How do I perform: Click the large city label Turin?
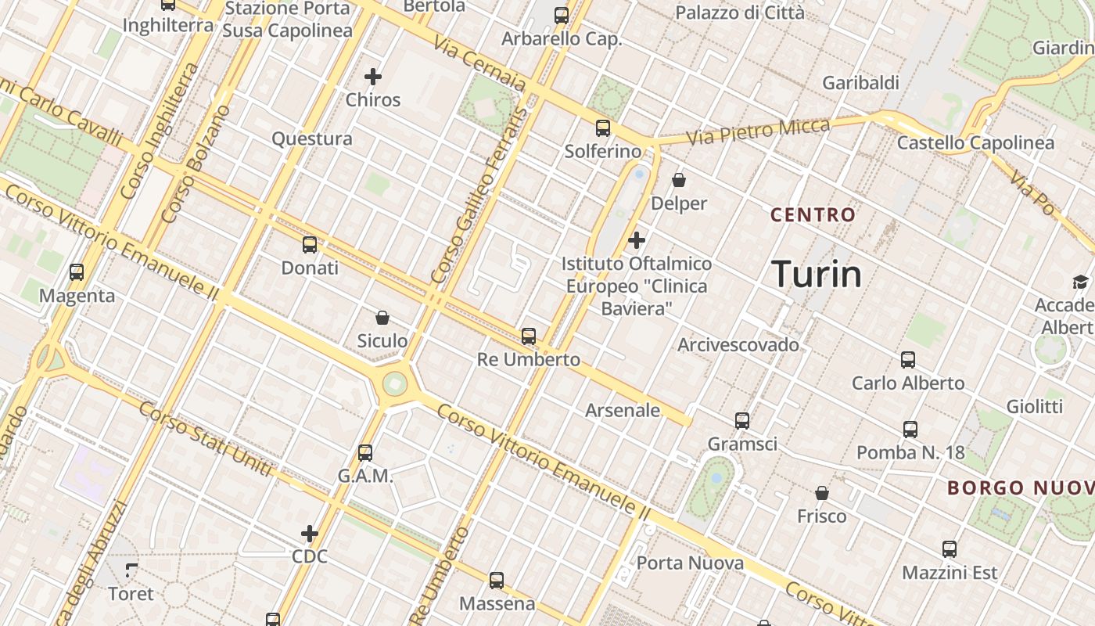[817, 274]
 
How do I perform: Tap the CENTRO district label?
[813, 214]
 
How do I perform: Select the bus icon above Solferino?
[602, 128]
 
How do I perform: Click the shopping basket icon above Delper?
[679, 181]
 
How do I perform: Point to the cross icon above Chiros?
[373, 77]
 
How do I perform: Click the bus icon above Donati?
[310, 245]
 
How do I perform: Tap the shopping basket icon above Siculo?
[382, 318]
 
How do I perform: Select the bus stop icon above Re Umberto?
[529, 336]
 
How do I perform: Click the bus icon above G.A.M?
[365, 452]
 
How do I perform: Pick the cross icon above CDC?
[310, 534]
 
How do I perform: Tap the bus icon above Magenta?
[77, 272]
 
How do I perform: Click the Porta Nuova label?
[690, 563]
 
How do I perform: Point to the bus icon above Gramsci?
[742, 421]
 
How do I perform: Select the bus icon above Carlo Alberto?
[908, 360]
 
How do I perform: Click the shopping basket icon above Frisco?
[822, 493]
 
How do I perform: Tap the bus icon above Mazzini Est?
[950, 549]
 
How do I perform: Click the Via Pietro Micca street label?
[758, 131]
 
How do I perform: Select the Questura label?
[312, 139]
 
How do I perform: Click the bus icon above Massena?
[497, 581]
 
